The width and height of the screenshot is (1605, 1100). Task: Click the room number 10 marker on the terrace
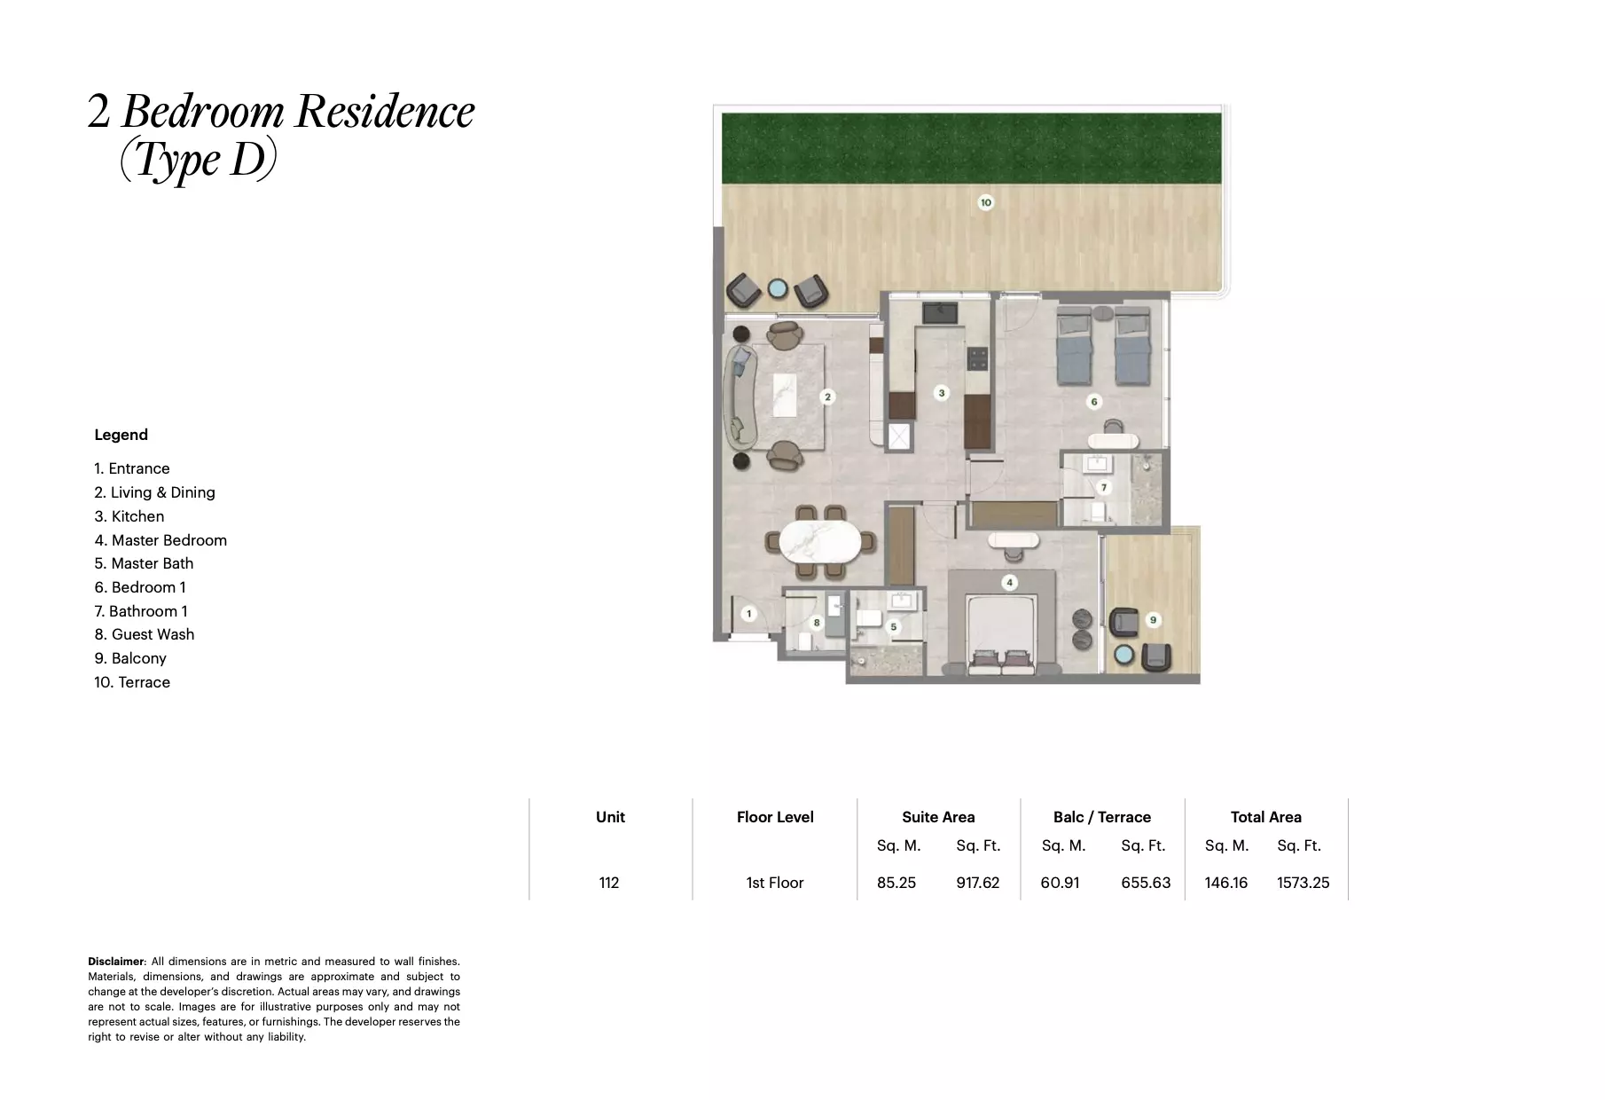point(985,202)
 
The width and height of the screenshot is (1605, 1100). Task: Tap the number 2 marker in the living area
point(827,397)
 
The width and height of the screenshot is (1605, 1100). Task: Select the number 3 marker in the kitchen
point(942,392)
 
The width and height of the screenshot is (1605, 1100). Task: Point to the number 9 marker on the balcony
point(1153,620)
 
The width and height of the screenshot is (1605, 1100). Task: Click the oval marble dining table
point(813,542)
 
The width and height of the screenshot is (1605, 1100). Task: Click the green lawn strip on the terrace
point(971,147)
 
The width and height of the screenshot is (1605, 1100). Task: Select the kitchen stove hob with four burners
point(977,358)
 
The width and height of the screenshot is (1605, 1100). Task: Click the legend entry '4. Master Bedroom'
point(160,540)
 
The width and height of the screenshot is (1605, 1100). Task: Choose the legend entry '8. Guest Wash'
point(145,634)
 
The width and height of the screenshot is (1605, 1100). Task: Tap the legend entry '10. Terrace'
point(132,682)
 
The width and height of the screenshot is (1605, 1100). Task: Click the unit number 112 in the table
point(609,883)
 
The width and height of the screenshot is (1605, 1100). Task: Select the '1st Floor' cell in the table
point(774,883)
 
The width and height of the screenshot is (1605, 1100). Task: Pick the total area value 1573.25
point(1303,883)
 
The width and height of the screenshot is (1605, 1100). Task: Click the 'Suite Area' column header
point(938,817)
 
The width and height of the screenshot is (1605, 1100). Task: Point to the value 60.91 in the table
point(1060,883)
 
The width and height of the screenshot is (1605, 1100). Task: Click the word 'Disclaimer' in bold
point(115,962)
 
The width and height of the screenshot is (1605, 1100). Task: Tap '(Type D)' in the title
point(199,160)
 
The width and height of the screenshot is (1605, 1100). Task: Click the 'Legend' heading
point(121,435)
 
